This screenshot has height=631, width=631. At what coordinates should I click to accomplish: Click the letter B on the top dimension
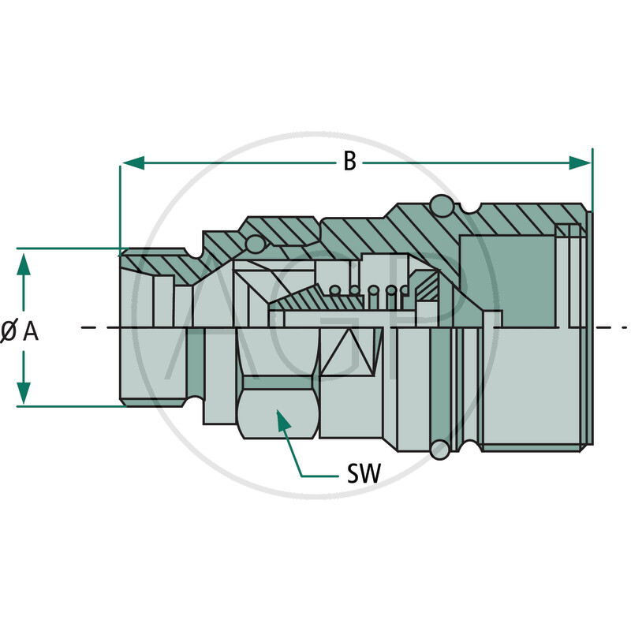tap(349, 162)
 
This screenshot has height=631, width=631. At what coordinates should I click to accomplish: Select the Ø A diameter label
tap(20, 332)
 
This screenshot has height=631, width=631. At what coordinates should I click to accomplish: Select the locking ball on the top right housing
tap(442, 205)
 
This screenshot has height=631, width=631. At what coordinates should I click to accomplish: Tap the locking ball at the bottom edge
tap(439, 450)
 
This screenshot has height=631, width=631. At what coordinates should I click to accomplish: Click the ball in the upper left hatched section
tap(255, 245)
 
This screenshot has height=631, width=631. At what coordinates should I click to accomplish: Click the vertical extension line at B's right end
tap(592, 181)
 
